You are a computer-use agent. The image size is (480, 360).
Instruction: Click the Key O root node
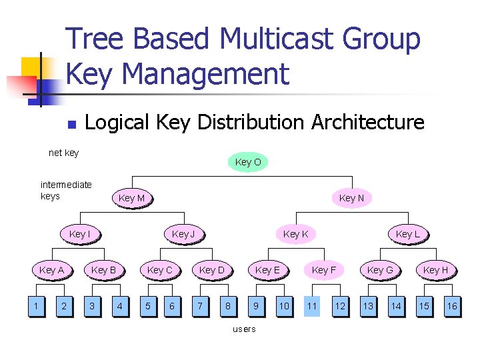coord(248,162)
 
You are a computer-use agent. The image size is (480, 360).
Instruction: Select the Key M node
coord(131,198)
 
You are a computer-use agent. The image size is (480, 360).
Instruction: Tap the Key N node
coord(351,198)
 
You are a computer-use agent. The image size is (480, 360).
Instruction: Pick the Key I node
coord(79,234)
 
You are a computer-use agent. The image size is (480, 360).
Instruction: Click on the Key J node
coord(183,234)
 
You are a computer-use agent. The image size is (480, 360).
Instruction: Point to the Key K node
coord(295,234)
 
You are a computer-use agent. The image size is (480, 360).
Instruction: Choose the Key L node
coord(407,234)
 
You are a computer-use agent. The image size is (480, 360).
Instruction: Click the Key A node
coord(51,270)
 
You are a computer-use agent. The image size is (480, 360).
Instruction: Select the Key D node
coord(212,270)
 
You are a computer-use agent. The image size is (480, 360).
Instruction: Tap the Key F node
coord(324,270)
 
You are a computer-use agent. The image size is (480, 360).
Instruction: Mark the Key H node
coord(436,270)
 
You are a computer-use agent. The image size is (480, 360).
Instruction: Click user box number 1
coord(35,306)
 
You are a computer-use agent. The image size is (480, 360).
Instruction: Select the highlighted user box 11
coord(312,306)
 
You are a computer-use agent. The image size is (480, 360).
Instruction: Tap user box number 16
coord(452,306)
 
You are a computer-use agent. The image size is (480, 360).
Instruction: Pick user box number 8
coord(228,306)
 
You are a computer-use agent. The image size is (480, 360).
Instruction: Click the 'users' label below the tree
coord(243,329)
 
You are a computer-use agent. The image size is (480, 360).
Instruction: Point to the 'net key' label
coord(64,153)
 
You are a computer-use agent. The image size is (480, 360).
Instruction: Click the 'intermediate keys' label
coord(66,190)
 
